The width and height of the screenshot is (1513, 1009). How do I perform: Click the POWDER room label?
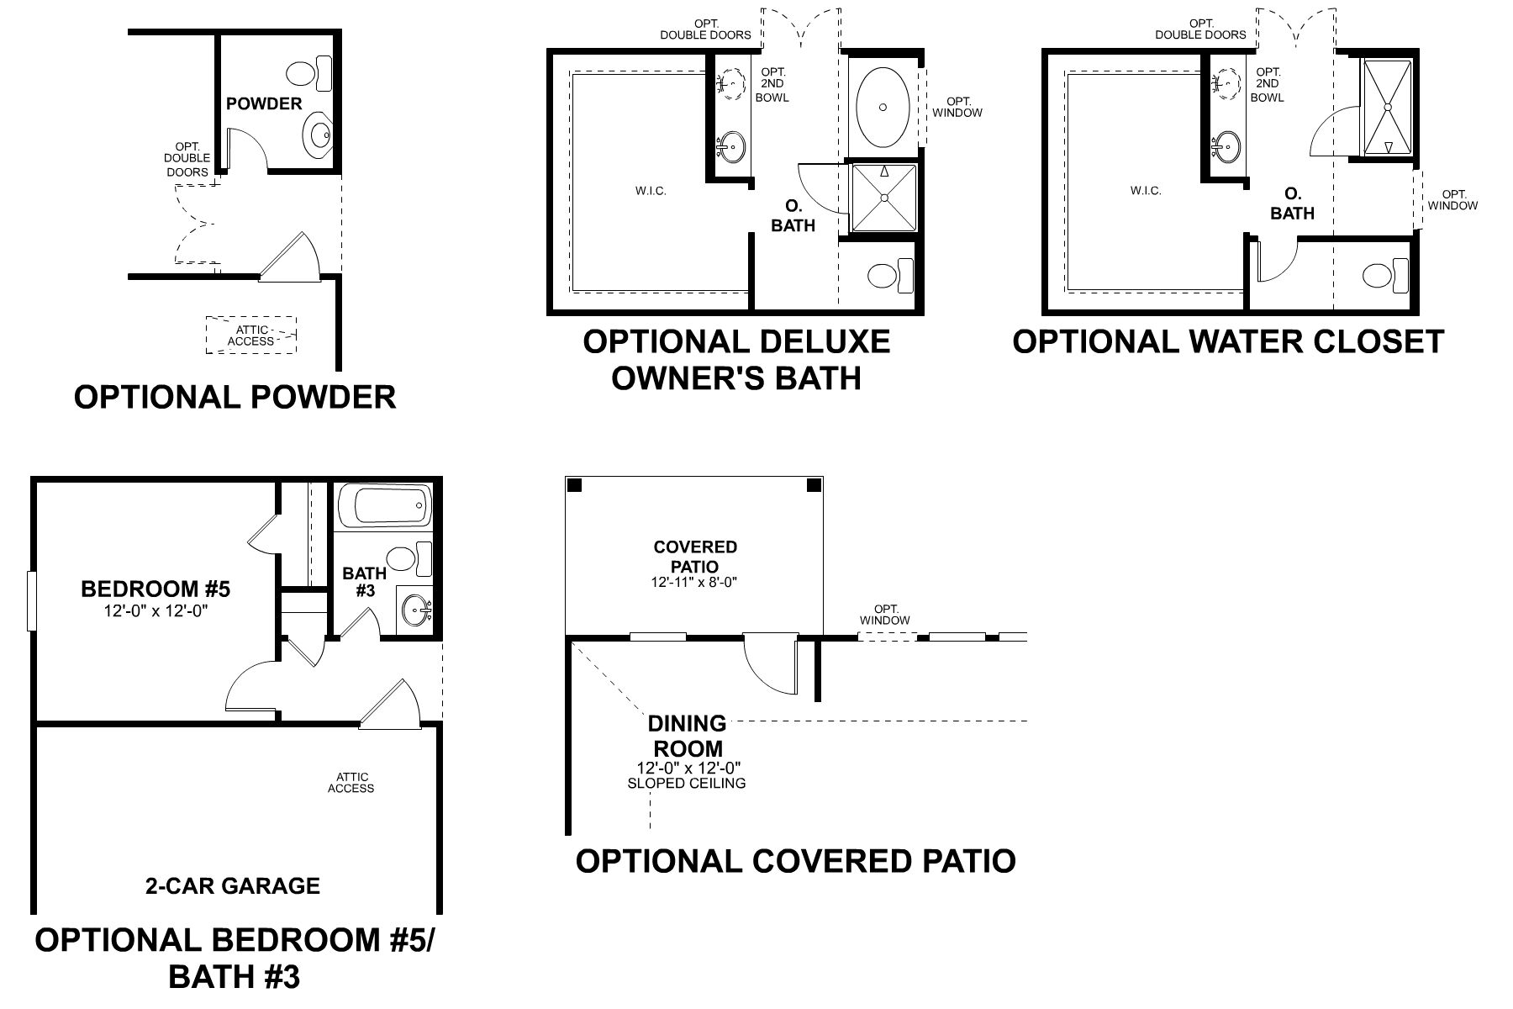click(264, 103)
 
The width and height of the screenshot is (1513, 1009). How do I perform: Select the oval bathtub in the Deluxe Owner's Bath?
click(883, 108)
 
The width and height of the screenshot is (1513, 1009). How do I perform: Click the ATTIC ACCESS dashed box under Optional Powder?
click(251, 335)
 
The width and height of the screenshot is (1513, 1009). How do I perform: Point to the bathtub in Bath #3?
click(383, 507)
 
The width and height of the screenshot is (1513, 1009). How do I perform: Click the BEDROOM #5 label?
click(156, 589)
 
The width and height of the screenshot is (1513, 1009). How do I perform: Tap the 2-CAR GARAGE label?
click(233, 885)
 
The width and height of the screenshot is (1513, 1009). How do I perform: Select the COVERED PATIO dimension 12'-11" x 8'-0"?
click(694, 582)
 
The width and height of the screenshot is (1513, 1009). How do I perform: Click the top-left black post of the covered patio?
click(575, 486)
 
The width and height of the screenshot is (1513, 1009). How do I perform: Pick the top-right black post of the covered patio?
click(814, 486)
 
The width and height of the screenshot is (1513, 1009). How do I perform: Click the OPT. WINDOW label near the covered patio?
click(885, 615)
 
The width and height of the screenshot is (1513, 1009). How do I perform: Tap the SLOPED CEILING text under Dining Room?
click(687, 784)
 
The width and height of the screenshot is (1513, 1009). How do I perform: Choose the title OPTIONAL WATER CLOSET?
click(1227, 342)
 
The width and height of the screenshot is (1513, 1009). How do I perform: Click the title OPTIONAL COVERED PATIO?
click(795, 861)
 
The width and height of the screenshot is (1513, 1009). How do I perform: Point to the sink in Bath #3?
click(415, 609)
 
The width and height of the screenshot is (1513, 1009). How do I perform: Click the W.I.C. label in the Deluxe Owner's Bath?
click(651, 191)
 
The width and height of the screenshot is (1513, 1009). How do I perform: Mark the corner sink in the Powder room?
click(319, 133)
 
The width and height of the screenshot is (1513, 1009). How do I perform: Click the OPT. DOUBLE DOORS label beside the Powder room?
click(187, 159)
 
